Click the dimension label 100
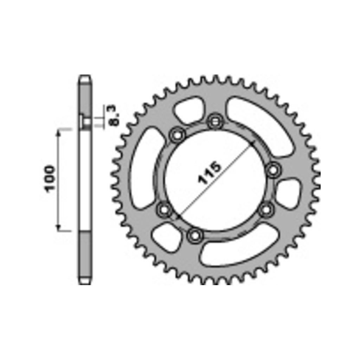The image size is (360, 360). (50, 179)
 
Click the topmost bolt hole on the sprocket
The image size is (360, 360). (215, 121)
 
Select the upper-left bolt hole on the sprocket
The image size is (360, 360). (177, 135)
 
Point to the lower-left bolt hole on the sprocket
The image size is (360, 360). (165, 210)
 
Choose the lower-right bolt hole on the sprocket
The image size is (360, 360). (266, 210)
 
